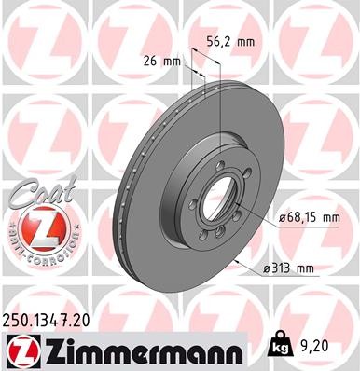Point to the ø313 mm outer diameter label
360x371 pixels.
pos(287,269)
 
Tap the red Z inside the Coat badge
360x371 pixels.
pos(35,227)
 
